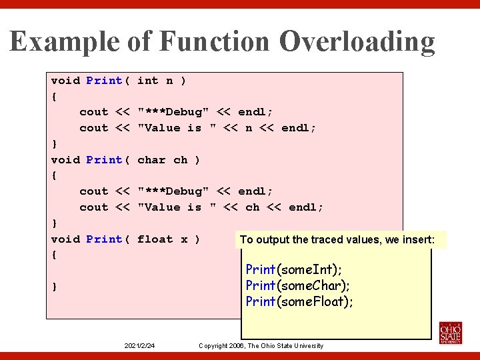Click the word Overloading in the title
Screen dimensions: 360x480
[x=357, y=42]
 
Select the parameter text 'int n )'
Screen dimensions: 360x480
[x=161, y=81]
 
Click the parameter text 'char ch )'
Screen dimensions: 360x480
[x=168, y=160]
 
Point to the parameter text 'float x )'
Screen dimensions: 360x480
[x=168, y=239]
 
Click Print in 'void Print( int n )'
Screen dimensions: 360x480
[x=105, y=81]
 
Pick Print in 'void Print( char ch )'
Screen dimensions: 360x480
[x=105, y=160]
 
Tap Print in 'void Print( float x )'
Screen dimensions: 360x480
[x=105, y=239]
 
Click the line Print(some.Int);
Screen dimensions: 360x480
[x=293, y=270]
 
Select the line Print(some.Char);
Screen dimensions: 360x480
[x=297, y=286]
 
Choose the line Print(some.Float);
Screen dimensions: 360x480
[x=299, y=302]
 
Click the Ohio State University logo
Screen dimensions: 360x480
[x=450, y=333]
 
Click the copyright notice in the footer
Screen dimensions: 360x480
[x=261, y=346]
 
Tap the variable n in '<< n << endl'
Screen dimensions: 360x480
[x=248, y=128]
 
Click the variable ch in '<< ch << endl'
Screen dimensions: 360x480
[x=252, y=207]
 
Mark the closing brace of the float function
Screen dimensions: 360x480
[x=55, y=287]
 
